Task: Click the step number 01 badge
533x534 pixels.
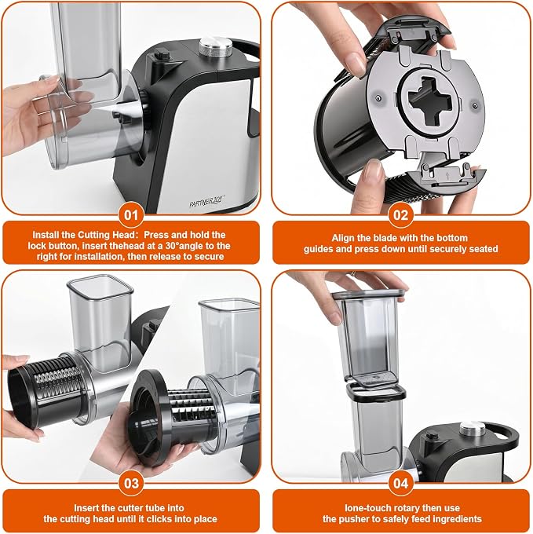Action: pyautogui.click(x=131, y=215)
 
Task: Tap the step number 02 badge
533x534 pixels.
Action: pyautogui.click(x=400, y=215)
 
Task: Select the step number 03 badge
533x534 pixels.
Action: pyautogui.click(x=131, y=483)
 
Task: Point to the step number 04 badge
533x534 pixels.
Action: pyautogui.click(x=400, y=483)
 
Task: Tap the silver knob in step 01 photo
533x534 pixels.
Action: pyautogui.click(x=215, y=47)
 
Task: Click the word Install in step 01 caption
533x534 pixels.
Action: pyautogui.click(x=44, y=235)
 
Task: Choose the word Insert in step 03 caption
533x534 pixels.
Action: pyautogui.click(x=86, y=508)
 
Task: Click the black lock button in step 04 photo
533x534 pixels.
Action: pyautogui.click(x=432, y=436)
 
